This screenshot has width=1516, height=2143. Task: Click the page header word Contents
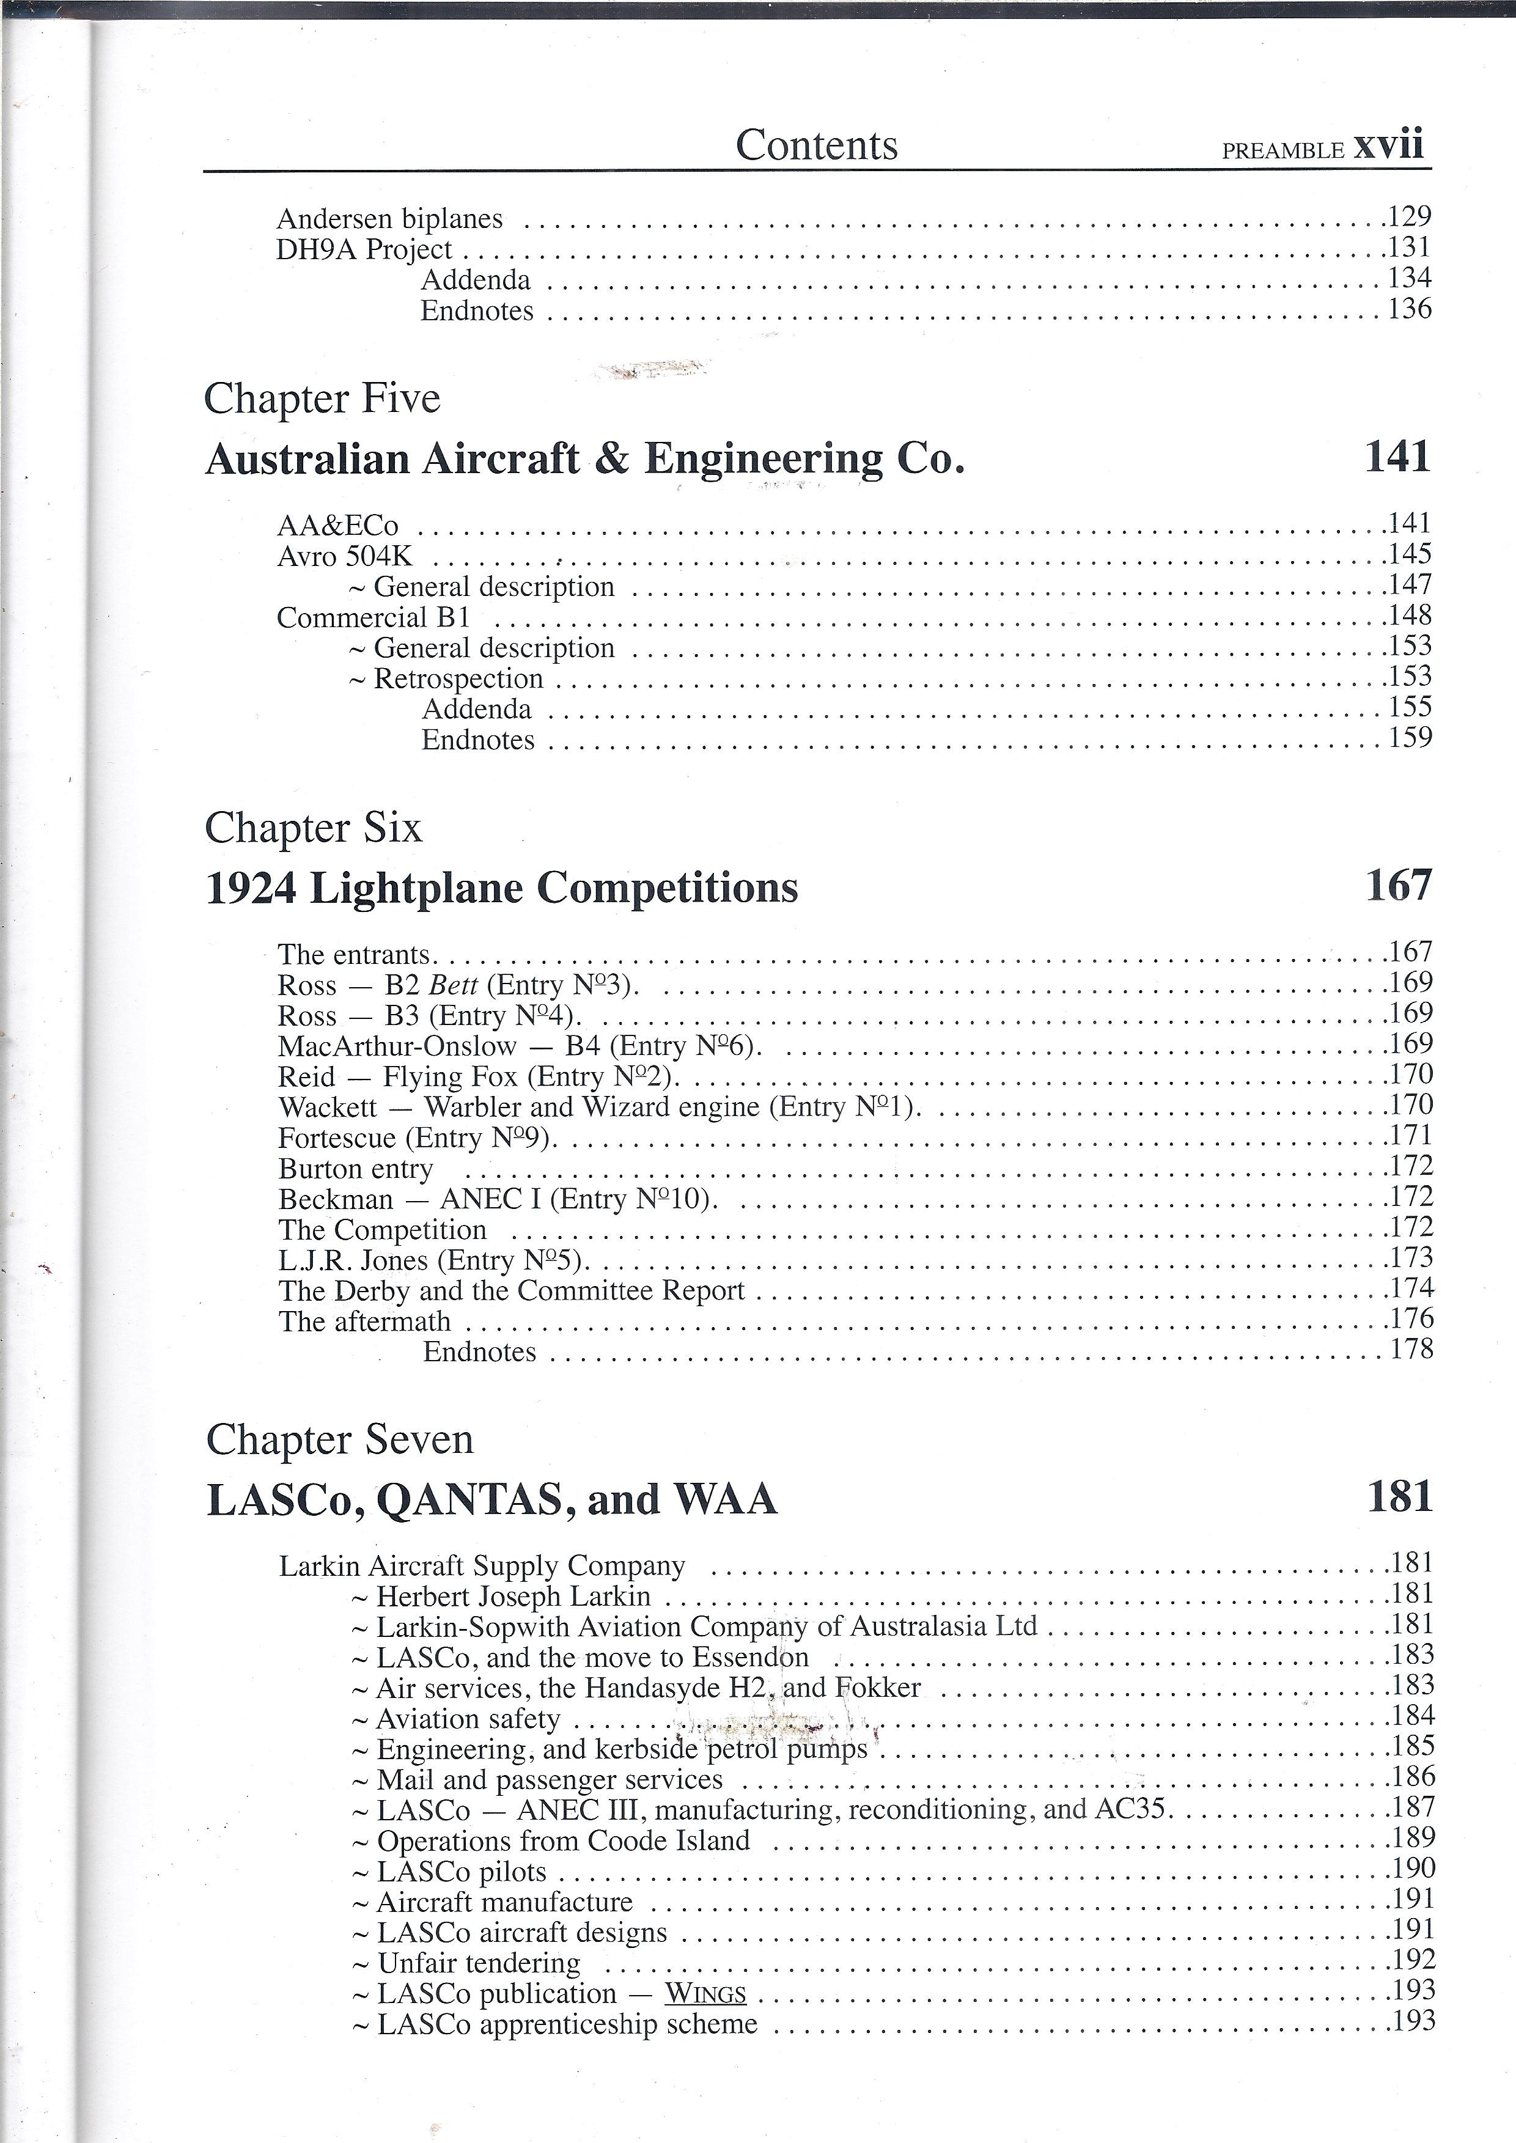coord(816,145)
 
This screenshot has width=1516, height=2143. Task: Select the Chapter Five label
coord(322,399)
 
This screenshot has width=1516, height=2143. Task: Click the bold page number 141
coord(1397,457)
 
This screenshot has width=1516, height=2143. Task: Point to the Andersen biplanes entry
coord(389,218)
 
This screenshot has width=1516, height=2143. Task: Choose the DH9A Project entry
coord(364,249)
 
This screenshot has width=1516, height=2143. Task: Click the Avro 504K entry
coord(344,556)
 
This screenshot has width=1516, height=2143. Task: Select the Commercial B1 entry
coord(373,617)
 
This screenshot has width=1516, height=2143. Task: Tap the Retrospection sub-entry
coord(457,678)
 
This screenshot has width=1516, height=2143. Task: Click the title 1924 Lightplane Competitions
coord(501,888)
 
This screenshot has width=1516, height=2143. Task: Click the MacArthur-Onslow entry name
coord(397,1046)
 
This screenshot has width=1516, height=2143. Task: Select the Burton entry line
coord(356,1169)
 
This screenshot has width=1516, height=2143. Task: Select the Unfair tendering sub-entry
coord(478,1963)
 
